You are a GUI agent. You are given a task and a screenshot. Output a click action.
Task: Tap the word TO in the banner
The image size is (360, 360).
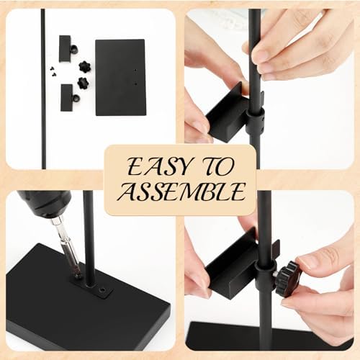click(216, 166)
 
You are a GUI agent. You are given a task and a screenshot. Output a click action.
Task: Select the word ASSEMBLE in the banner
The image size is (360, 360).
click(181, 192)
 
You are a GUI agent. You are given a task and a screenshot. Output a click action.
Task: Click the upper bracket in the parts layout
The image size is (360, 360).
click(65, 49)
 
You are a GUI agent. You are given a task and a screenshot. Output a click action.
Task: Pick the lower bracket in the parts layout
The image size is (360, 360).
click(67, 98)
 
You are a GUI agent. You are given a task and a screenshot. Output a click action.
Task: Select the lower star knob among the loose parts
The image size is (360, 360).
click(83, 84)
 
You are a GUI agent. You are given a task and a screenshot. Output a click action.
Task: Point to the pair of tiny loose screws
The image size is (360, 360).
click(53, 69)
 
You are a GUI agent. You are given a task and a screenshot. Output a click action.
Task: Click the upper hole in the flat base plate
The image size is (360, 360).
click(135, 71)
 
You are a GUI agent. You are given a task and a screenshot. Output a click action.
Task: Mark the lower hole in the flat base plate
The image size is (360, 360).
click(136, 84)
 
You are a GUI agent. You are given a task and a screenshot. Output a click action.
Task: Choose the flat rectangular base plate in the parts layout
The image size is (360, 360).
click(121, 78)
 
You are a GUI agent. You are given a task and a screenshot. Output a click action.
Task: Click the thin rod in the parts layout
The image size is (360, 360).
click(43, 89)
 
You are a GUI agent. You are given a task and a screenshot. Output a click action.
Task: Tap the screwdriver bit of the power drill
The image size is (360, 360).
click(65, 246)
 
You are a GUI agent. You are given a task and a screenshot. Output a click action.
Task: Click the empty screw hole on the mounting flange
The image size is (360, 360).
click(103, 290)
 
